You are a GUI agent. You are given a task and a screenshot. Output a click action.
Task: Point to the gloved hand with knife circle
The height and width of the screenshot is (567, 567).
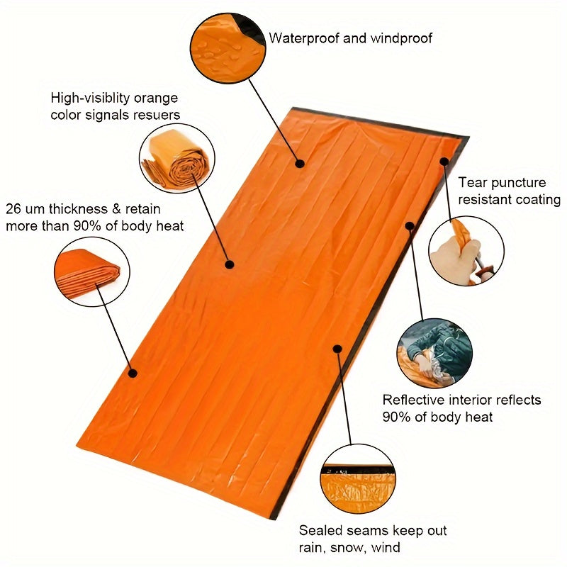pos(466,250)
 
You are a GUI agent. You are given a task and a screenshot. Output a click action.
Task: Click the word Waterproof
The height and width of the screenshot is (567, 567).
pos(304,38)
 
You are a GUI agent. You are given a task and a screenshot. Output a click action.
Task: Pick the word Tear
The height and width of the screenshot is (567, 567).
pos(473,183)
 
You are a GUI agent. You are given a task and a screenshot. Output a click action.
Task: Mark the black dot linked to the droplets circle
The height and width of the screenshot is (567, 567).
pos(300,164)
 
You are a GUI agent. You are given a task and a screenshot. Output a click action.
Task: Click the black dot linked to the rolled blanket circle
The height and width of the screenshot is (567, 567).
pos(230,264)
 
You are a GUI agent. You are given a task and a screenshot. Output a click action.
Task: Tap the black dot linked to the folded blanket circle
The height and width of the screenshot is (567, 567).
pos(132,372)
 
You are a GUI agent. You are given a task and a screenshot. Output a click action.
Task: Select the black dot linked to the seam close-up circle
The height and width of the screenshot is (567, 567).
pos(338,349)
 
